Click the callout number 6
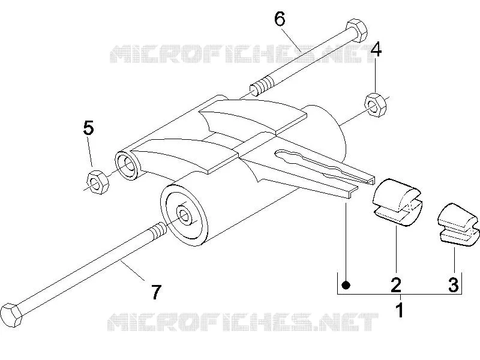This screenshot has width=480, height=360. pos(280,20)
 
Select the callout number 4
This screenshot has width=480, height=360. pos(376,50)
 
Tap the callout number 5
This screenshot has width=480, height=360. pos(88,128)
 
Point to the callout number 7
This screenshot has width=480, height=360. pos(156,292)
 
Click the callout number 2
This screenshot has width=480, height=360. pos(396,284)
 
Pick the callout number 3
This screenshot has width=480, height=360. pos(454,284)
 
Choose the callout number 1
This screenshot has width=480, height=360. pos(400,310)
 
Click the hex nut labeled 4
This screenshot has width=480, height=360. pos(376,104)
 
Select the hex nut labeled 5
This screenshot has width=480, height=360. pos(98,182)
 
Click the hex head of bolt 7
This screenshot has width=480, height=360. pos(11,315)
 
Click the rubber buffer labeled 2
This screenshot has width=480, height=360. pos(397,202)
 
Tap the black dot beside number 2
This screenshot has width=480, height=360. pos(346,286)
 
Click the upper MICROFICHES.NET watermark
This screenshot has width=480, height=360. pos(242,54)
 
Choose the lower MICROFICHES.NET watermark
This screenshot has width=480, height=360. pos(243,322)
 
